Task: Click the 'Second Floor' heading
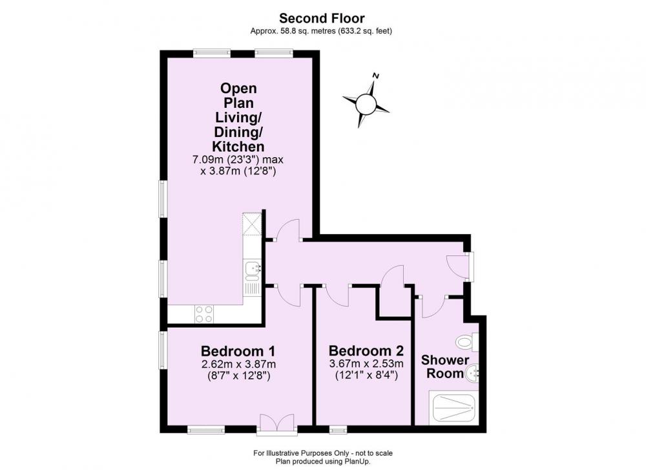coord(322,18)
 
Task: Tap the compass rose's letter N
coord(375,76)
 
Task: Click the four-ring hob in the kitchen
coord(204,314)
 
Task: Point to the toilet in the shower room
coord(467,341)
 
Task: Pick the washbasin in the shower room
coord(472,374)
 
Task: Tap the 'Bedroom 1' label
coord(238,351)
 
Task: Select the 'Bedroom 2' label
coord(366,351)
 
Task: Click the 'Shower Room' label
coord(445,367)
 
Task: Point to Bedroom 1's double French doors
coord(276,424)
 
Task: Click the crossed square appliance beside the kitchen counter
coord(252,224)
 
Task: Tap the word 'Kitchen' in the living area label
coord(238,146)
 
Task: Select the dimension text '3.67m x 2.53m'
coord(366,363)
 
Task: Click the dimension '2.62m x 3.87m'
coord(238,364)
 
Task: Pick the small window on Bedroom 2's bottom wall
coord(339,430)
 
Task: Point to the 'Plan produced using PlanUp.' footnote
coord(323,462)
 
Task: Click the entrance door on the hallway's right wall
coord(459,266)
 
